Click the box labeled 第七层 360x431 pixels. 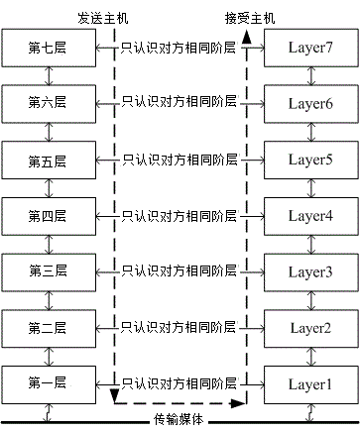click(x=46, y=47)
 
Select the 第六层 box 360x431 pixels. click(x=46, y=102)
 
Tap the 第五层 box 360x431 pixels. click(x=46, y=159)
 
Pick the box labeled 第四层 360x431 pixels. click(x=46, y=214)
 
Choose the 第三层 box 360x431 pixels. click(x=46, y=270)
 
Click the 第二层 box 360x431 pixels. click(x=46, y=326)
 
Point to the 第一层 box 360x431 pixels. click(x=46, y=382)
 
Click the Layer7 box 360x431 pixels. click(x=310, y=47)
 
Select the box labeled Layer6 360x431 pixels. click(x=310, y=102)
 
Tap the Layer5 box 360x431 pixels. click(x=310, y=159)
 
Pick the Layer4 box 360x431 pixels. click(x=310, y=214)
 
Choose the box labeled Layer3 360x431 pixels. click(x=310, y=270)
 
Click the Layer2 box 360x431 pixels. click(x=310, y=326)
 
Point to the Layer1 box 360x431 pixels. click(x=310, y=382)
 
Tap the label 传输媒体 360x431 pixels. click(x=180, y=420)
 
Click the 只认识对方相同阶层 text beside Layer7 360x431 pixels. click(x=179, y=47)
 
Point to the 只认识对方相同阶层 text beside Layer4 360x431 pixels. click(x=179, y=214)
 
